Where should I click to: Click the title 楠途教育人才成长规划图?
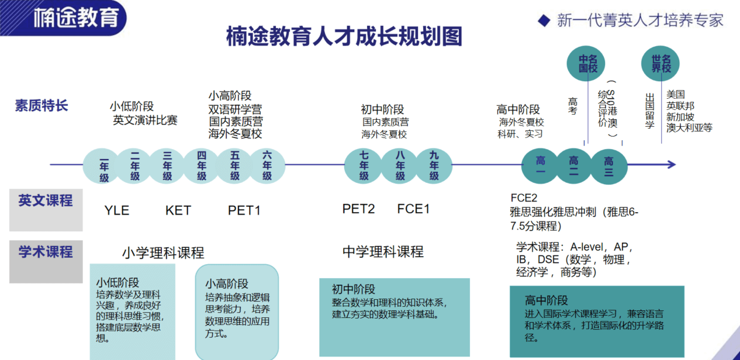point(344,36)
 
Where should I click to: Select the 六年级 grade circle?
point(267,166)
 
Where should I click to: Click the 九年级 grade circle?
point(434,166)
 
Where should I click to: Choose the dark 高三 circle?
point(608,165)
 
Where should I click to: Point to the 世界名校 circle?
point(661,64)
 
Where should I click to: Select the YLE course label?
point(117,210)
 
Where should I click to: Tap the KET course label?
point(178,210)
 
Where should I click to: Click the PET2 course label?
point(358,209)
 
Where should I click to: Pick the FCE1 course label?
point(413,209)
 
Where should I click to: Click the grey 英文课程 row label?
point(46,202)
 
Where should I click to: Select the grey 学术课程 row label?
point(46,252)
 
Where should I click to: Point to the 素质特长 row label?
point(41,106)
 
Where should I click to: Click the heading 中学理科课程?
point(383,252)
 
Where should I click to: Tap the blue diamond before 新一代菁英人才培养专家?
point(544,20)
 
